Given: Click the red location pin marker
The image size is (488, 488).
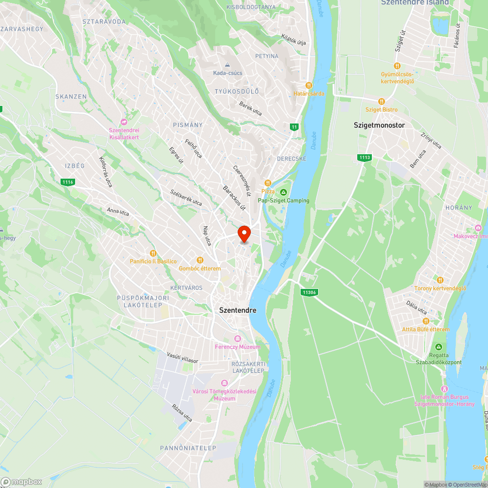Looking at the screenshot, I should [244, 233].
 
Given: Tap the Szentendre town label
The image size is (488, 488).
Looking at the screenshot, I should [238, 310].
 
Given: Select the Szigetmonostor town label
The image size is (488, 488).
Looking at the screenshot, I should [379, 125].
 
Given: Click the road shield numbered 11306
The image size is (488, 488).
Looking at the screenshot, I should [309, 292].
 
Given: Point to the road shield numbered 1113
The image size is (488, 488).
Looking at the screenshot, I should [365, 157].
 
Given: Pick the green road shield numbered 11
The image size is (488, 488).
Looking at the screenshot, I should [294, 127].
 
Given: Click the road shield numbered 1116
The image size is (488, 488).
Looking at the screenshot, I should [68, 182].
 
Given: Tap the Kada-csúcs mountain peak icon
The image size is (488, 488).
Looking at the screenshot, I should [227, 65].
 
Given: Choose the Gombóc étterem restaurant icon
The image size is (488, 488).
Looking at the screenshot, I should [200, 260].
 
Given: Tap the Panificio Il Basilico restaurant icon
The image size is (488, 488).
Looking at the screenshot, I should [153, 253].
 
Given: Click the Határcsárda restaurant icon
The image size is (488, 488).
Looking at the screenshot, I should [308, 85].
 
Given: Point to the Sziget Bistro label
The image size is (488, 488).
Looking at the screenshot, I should [382, 109].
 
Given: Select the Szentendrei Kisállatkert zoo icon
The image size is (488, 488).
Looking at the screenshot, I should [124, 122].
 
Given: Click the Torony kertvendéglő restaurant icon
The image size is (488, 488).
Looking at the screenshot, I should [440, 280].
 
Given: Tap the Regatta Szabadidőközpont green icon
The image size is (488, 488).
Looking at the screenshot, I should [438, 346].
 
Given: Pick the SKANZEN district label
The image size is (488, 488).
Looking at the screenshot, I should [71, 97].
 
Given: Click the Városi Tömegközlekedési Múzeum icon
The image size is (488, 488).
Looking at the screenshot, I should [224, 383].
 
